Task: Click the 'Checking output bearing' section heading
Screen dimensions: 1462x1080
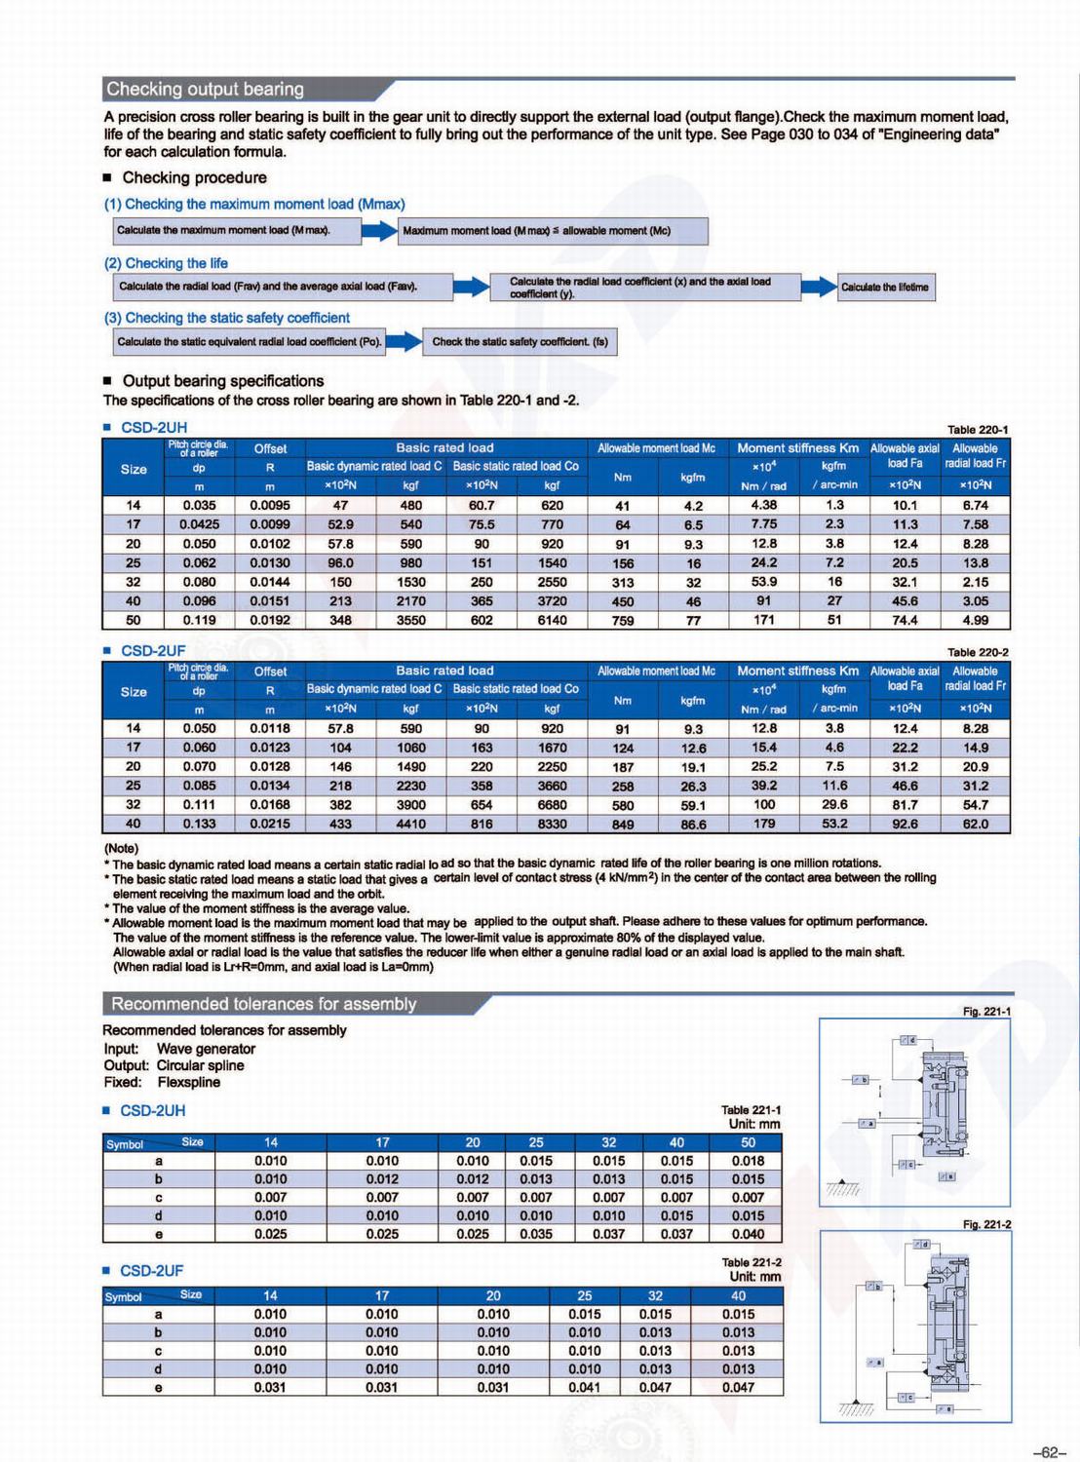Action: click(x=206, y=90)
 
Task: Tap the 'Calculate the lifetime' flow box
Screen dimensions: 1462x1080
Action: click(x=885, y=287)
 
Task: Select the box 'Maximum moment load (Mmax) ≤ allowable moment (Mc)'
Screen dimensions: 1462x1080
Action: click(x=554, y=231)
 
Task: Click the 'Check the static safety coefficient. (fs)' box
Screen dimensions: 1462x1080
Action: click(x=520, y=342)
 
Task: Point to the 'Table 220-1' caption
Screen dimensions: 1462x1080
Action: click(x=978, y=430)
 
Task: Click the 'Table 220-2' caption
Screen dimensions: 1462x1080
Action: click(x=978, y=652)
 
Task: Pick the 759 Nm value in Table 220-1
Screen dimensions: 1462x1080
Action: click(x=623, y=621)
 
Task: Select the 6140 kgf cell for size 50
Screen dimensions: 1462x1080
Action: click(x=552, y=621)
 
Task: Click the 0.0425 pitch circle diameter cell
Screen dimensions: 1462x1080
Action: click(x=199, y=524)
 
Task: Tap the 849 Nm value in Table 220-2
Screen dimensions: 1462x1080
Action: click(x=623, y=825)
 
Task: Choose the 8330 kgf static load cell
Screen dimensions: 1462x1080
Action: click(x=552, y=825)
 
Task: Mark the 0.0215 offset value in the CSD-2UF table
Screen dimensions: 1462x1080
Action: click(x=270, y=825)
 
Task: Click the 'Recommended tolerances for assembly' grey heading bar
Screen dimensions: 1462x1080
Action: click(x=263, y=1004)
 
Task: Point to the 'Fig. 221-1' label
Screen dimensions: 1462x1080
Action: click(x=986, y=1012)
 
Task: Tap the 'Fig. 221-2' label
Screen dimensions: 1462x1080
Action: click(x=986, y=1224)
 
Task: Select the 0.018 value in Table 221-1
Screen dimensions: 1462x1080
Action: click(x=748, y=1161)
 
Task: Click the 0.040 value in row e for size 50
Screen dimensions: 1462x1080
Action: click(x=748, y=1234)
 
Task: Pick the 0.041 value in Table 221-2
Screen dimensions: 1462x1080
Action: click(x=584, y=1387)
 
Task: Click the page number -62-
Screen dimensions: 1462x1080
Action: click(x=1048, y=1452)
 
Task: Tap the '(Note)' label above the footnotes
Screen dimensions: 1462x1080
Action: click(x=122, y=848)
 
